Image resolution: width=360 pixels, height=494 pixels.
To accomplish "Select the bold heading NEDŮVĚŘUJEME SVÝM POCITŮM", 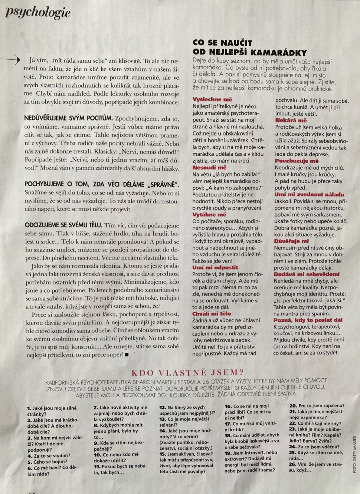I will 68,119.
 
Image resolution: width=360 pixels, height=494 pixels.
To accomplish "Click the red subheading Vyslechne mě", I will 212,99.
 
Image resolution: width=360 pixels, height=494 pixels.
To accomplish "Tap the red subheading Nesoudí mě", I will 209,168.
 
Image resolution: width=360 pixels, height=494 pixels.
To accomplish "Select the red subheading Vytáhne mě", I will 209,214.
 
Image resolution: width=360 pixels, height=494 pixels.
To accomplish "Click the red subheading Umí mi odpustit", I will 215,267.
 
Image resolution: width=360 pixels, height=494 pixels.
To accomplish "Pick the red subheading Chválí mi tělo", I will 211,314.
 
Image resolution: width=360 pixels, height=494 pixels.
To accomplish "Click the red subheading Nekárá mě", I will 291,121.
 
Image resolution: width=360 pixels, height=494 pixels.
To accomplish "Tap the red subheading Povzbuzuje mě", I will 297,161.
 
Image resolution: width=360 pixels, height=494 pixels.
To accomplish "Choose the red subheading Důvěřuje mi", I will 291,241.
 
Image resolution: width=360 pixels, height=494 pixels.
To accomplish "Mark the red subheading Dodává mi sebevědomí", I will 301,274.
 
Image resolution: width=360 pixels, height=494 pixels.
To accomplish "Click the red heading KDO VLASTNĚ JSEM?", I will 187,372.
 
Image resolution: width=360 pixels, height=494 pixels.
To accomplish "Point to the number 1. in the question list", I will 29,408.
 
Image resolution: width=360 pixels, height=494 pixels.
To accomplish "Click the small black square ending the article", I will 127,355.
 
